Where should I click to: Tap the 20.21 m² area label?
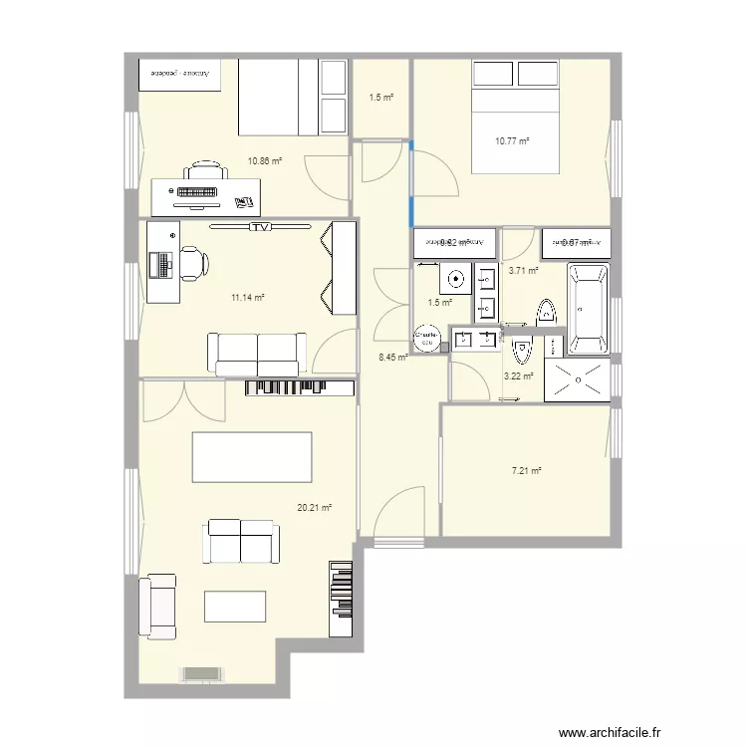pyautogui.click(x=314, y=507)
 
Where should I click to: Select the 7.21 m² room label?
pyautogui.click(x=527, y=471)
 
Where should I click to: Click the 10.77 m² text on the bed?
pyautogui.click(x=512, y=141)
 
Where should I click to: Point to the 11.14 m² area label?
pyautogui.click(x=248, y=297)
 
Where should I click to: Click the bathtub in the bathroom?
pyautogui.click(x=588, y=310)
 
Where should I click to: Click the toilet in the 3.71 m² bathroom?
pyautogui.click(x=547, y=312)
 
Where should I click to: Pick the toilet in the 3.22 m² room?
pyautogui.click(x=522, y=351)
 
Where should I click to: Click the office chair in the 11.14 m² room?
pyautogui.click(x=192, y=263)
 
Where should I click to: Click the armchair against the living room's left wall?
pyautogui.click(x=157, y=606)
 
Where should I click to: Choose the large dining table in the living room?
pyautogui.click(x=252, y=457)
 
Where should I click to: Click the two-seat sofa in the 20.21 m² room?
pyautogui.click(x=240, y=541)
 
